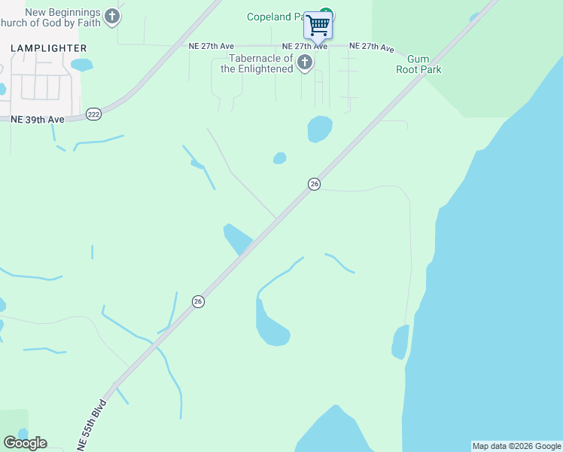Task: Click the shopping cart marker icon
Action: tap(318, 25)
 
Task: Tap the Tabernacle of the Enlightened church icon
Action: tap(305, 62)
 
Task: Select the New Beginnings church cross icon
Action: tap(112, 16)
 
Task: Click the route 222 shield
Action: tap(93, 114)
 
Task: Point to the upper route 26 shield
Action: tap(315, 184)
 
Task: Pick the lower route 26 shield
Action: tap(198, 301)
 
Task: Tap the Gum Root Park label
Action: tap(424, 65)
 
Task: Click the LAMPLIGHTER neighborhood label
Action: tap(49, 48)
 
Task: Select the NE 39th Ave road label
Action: tap(37, 119)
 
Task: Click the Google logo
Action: tap(25, 443)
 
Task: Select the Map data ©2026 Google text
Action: tap(516, 446)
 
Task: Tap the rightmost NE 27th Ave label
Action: tap(371, 47)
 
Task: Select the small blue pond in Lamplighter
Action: tap(81, 65)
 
